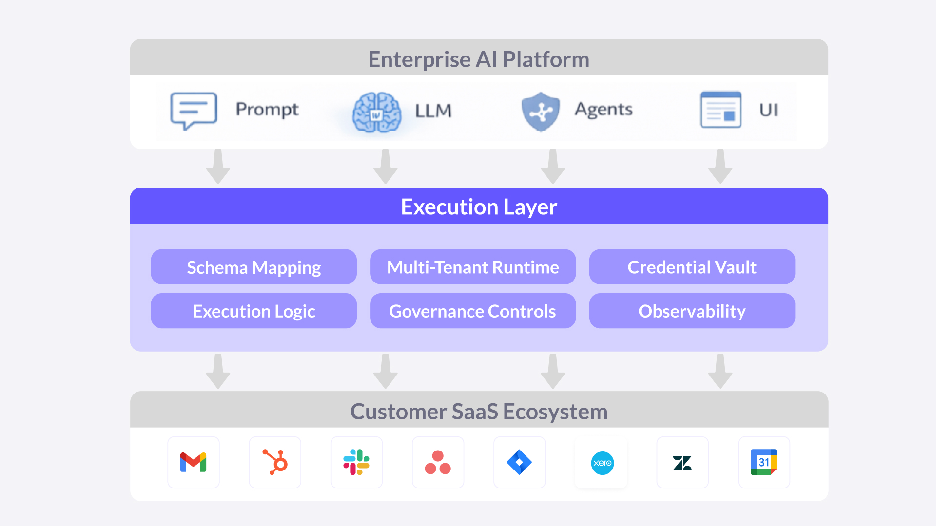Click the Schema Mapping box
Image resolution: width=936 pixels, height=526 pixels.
coord(253,267)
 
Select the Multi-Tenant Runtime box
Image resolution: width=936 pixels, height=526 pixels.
coord(473,267)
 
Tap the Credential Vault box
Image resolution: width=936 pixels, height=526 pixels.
coord(692,267)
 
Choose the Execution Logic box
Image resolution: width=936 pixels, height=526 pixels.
coord(253,311)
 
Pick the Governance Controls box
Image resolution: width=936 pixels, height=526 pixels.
coord(473,311)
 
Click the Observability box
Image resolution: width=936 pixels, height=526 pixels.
coord(692,311)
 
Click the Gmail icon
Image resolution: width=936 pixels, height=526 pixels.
coord(194,462)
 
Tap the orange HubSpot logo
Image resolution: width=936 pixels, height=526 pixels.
coord(275,462)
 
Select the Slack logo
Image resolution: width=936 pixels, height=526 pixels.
coord(356,462)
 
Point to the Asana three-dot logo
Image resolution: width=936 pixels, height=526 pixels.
coord(438,462)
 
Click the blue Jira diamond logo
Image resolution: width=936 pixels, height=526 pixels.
coord(519,462)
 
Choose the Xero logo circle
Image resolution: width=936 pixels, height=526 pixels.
coord(602,463)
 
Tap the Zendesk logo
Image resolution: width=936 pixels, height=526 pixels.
coord(682,463)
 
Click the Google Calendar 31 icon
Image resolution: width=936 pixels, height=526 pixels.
coord(763,462)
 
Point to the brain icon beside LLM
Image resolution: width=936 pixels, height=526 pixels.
coord(376,113)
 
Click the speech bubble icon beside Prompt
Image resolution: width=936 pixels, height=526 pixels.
coord(194,111)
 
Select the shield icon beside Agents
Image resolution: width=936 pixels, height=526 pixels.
coord(541,112)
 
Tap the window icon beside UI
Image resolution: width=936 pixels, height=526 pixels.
coord(721,110)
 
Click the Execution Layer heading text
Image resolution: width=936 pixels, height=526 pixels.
coord(479,207)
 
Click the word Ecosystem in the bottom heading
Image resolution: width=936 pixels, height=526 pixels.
coord(555,412)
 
